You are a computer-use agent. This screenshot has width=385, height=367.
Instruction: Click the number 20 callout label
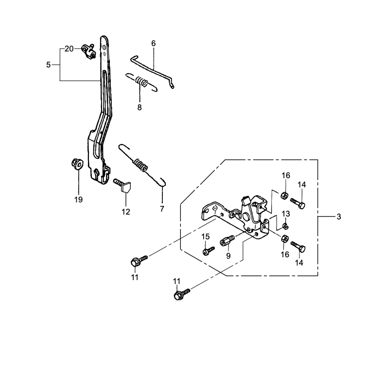click(x=69, y=49)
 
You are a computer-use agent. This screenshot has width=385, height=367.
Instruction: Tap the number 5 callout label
click(x=48, y=65)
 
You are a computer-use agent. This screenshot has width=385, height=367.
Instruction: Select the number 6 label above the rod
click(x=154, y=43)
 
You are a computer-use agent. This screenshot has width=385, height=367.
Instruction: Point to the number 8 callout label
click(x=140, y=107)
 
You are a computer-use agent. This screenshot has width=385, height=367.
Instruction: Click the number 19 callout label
click(x=78, y=200)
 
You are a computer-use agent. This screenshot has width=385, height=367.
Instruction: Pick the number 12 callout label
click(x=126, y=211)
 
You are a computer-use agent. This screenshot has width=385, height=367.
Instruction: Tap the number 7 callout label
click(x=162, y=209)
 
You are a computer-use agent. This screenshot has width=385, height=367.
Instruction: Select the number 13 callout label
click(x=286, y=214)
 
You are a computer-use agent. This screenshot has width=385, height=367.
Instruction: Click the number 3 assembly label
click(x=338, y=217)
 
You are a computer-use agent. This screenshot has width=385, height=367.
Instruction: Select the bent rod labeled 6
click(x=154, y=69)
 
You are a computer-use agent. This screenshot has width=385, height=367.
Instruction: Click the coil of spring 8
click(x=140, y=82)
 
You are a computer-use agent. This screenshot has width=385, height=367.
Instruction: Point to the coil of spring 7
click(x=141, y=165)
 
